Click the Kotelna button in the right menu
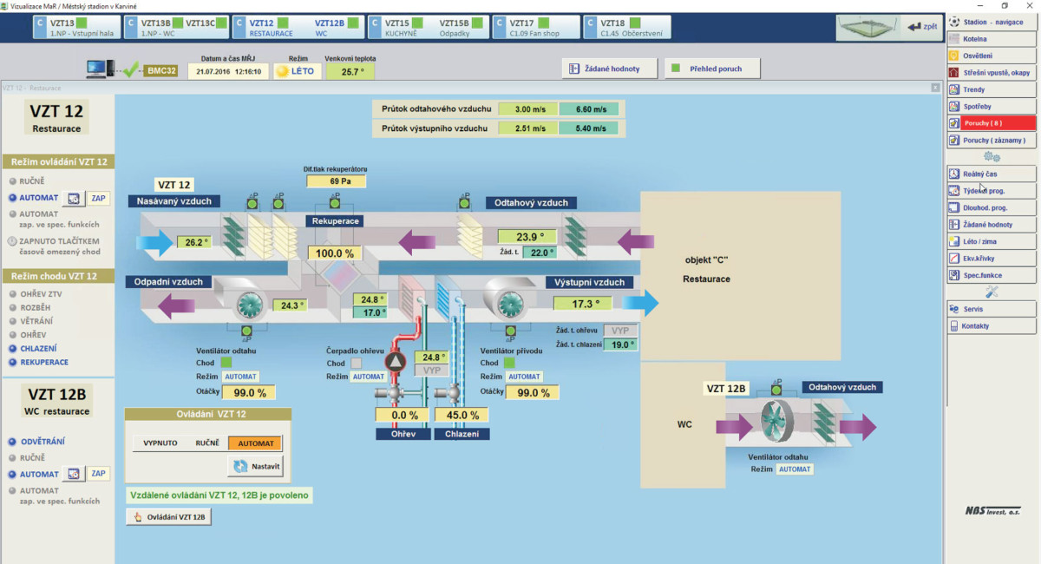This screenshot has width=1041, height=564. coord(992,39)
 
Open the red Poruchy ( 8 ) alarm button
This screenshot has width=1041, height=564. coord(992,123)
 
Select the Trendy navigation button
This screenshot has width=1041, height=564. coord(992,89)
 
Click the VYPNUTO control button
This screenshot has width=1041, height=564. coord(160,443)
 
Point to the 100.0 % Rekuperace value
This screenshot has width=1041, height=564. coord(336,253)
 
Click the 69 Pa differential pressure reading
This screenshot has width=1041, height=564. coord(336,181)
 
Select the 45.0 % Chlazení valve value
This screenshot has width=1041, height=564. coord(462,415)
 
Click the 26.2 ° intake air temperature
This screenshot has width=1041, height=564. coord(193,242)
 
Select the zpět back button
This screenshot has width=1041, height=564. coord(922,27)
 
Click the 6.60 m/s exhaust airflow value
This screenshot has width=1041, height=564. coord(588,109)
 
